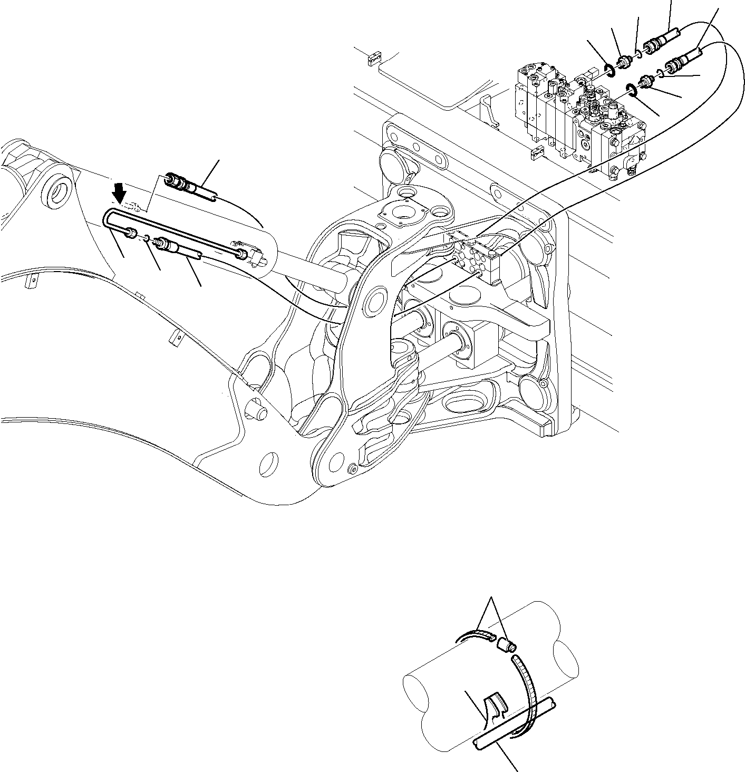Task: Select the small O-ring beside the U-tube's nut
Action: (x=147, y=237)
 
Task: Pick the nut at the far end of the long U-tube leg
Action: (x=241, y=255)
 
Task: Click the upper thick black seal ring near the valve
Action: (x=609, y=70)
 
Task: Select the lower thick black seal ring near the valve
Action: (x=632, y=90)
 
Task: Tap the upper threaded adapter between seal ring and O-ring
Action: (x=624, y=62)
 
